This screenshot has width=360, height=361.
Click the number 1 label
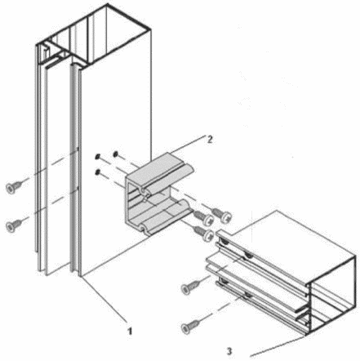(x=130, y=331)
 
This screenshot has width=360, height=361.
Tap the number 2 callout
(x=210, y=140)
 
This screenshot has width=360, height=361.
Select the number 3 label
(x=229, y=351)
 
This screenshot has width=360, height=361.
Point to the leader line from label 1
(x=104, y=298)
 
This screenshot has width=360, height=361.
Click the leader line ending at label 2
(x=188, y=145)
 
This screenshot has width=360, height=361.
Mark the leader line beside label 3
(x=277, y=345)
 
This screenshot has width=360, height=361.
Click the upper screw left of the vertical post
(x=14, y=187)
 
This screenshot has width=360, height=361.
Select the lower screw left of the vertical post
(x=14, y=225)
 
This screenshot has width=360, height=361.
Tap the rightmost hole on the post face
(x=115, y=154)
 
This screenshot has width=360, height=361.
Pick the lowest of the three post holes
(x=97, y=172)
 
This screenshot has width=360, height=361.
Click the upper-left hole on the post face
(x=97, y=157)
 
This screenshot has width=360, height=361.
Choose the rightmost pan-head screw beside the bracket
(x=222, y=215)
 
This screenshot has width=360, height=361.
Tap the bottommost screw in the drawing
(x=190, y=325)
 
